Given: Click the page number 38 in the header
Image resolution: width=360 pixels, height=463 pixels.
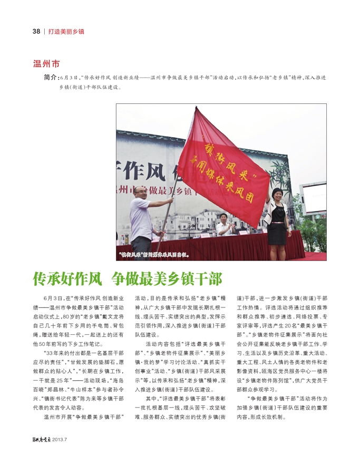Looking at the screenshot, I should tap(36, 31).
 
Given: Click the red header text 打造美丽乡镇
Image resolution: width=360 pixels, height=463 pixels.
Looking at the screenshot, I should tap(66, 31).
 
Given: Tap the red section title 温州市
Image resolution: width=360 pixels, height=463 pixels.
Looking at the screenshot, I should tap(46, 64).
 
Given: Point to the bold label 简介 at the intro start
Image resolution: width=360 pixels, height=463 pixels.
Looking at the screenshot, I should tap(51, 78).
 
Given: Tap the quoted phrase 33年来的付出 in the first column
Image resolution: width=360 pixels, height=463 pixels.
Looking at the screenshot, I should tap(63, 352).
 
